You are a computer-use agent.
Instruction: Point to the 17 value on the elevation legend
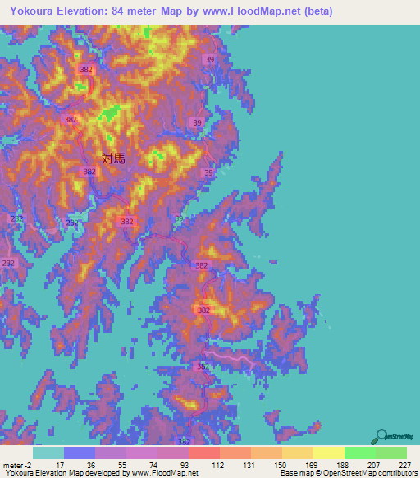pos(60,464)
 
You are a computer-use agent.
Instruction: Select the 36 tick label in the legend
pos(91,464)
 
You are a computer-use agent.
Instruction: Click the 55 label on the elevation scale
pos(122,464)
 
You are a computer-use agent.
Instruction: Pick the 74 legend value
pos(153,464)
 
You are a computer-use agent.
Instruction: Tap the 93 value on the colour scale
pos(185,464)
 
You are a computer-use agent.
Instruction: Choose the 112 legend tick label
pos(217,464)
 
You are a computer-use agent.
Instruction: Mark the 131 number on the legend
pos(248,464)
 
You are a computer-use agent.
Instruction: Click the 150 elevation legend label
pos(279,464)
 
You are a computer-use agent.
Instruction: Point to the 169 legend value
pos(310,464)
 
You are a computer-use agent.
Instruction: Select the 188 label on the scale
pos(341,464)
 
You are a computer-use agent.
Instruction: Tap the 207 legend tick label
pos(372,464)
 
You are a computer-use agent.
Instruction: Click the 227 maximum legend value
pos(403,464)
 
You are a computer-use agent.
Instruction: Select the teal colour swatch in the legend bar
pos(48,453)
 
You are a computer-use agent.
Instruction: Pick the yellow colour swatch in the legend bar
pos(328,453)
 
